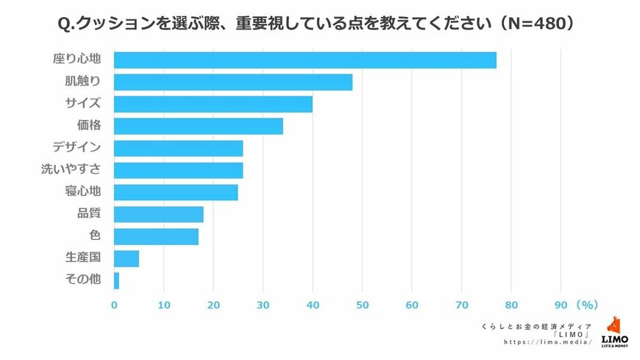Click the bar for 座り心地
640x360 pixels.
305,60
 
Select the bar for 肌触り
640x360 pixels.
233,82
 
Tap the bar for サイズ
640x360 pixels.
213,105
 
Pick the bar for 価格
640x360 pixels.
199,127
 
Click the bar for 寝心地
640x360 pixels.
176,193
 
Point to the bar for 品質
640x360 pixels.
159,215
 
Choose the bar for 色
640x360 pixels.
156,237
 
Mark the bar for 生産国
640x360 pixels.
127,259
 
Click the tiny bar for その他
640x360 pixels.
116,281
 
